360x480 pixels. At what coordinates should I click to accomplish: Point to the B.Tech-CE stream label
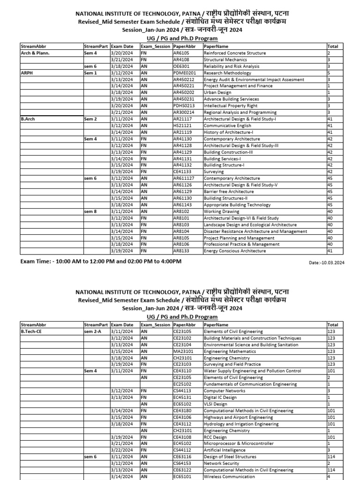coord(31,331)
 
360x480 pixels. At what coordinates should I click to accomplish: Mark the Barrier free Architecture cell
coord(228,192)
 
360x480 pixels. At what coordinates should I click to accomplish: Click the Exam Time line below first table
coord(101,261)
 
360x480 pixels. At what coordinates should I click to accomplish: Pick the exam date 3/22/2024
coord(121,450)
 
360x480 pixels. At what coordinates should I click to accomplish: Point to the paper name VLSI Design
coord(215,404)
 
